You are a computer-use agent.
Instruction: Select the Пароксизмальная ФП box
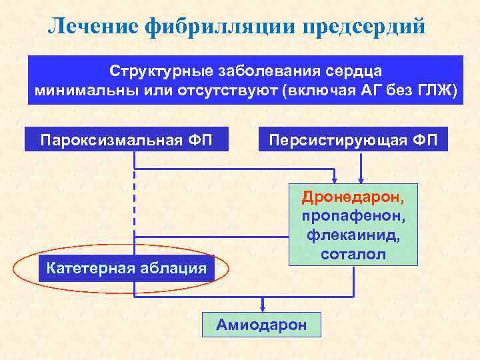[126, 140]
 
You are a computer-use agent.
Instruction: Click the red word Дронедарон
[353, 198]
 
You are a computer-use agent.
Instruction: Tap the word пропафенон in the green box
[353, 217]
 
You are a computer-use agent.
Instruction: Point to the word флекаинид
[353, 235]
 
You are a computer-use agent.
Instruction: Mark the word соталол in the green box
[353, 254]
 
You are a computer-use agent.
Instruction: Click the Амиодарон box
[261, 324]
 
